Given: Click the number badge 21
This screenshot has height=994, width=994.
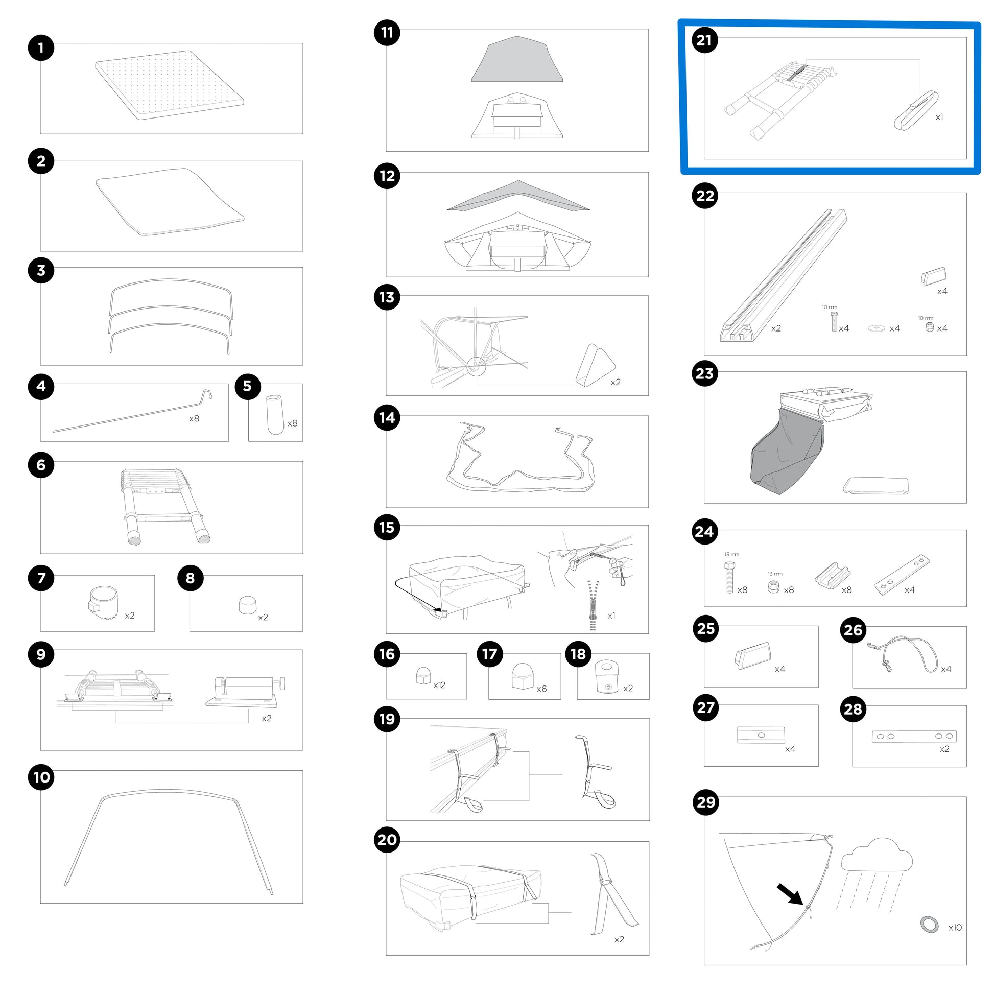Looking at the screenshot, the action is click(704, 40).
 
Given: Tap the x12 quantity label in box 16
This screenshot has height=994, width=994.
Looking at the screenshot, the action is click(439, 685).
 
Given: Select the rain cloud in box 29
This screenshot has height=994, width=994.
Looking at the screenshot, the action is click(876, 856).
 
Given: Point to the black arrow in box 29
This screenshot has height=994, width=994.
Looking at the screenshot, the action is click(790, 894).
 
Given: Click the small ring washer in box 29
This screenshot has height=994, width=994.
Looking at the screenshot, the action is click(929, 924).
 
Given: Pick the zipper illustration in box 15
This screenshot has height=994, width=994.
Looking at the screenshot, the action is click(593, 605).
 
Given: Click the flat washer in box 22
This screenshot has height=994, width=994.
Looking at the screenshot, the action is click(877, 328).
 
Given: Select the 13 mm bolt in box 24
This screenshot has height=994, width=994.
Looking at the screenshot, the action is click(729, 577).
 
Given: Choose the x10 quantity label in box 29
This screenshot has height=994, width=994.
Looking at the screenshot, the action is click(955, 927).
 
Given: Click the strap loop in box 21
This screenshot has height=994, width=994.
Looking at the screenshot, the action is click(916, 111).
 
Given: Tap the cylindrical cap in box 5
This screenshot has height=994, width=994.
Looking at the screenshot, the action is click(275, 414).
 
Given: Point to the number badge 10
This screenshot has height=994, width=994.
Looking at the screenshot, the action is click(42, 777).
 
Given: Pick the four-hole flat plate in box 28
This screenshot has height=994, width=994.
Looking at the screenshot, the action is click(914, 736).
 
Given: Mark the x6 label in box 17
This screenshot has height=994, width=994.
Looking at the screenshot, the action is click(541, 689).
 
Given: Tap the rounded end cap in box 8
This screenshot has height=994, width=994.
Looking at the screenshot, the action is click(247, 605).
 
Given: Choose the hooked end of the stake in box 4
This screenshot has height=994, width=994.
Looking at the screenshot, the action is click(207, 394).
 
